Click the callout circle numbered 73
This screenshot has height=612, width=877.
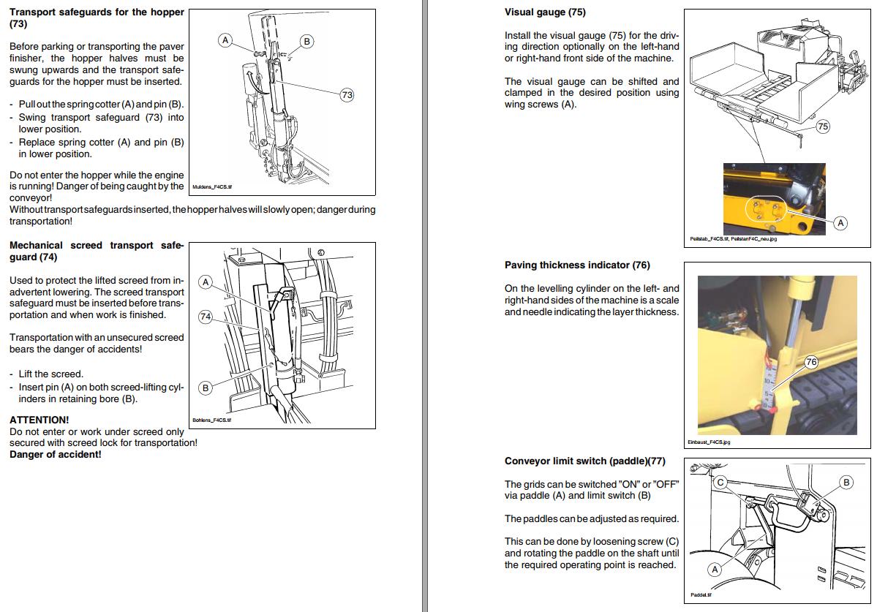[347, 95]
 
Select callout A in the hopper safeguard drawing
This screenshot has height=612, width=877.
[226, 40]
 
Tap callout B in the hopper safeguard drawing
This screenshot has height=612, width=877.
[306, 42]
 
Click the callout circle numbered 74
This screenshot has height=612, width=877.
[206, 317]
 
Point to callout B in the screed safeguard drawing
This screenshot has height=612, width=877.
[206, 388]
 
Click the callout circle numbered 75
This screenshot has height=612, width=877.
[822, 126]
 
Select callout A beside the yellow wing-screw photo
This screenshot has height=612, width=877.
[840, 223]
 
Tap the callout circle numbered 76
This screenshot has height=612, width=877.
[810, 362]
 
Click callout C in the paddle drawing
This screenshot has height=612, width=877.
[720, 482]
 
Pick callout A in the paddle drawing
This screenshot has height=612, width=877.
[715, 569]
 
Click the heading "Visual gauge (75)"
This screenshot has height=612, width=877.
[545, 12]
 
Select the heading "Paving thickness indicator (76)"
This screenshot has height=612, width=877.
[576, 265]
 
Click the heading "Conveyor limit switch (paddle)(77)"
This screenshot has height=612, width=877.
[584, 461]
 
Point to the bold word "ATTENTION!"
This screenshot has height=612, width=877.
[39, 420]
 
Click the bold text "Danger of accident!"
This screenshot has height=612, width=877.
[55, 454]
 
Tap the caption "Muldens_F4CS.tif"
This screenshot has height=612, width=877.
[211, 186]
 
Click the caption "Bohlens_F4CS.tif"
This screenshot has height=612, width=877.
[211, 420]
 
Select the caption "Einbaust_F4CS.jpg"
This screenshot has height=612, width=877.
[709, 442]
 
